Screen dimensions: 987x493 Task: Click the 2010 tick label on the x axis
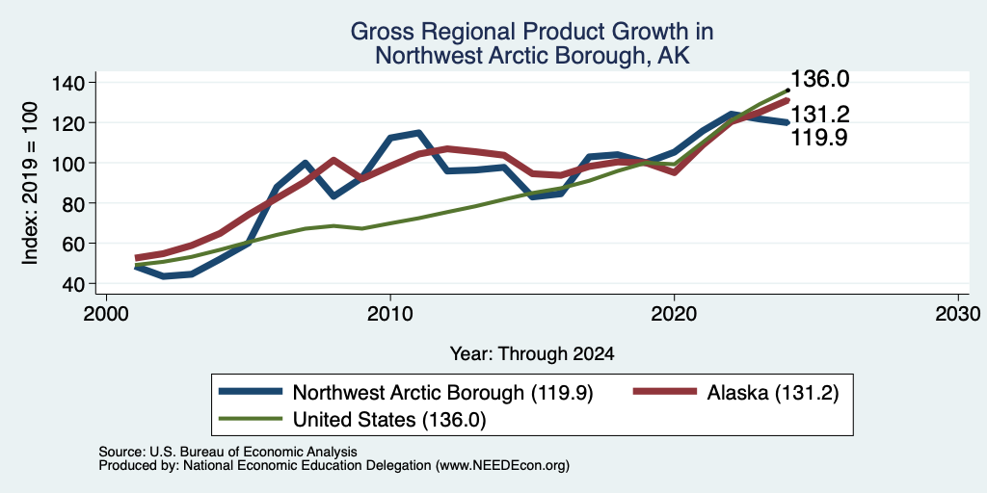tap(390, 313)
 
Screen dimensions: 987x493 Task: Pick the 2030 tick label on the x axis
tap(958, 313)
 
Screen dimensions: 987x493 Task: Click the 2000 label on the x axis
tap(106, 313)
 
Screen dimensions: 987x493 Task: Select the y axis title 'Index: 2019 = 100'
tap(30, 183)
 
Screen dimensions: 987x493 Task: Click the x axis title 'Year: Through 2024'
tap(532, 354)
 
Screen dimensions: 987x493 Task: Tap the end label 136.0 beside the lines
tap(819, 79)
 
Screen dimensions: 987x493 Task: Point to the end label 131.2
tap(819, 115)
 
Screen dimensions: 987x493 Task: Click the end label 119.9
tap(819, 137)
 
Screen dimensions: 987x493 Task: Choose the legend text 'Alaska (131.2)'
tap(773, 393)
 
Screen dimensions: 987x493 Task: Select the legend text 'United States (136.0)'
tap(389, 419)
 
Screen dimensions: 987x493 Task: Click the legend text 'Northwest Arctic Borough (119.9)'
tap(443, 393)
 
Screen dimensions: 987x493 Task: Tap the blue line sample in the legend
tap(250, 392)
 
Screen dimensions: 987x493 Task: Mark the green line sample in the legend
tap(250, 418)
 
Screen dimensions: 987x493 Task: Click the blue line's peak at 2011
tap(418, 133)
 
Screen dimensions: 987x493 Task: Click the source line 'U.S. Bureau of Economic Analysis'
tap(253, 452)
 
